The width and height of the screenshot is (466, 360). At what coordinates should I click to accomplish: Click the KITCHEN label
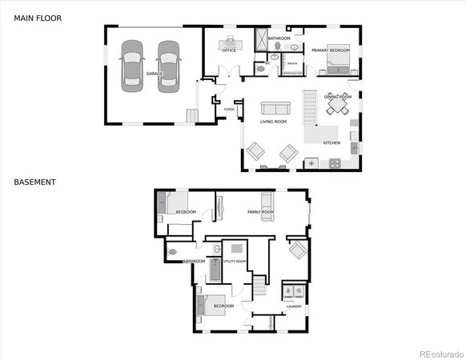(331, 143)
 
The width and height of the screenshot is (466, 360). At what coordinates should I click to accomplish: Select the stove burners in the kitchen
(335, 163)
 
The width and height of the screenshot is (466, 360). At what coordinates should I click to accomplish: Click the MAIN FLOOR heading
(37, 18)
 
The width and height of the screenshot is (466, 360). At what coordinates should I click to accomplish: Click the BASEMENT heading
(34, 182)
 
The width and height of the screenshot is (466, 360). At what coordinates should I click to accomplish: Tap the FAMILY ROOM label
(260, 212)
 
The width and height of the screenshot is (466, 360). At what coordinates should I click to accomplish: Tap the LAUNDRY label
(294, 306)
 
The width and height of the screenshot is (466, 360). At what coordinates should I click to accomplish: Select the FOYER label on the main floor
(229, 109)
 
